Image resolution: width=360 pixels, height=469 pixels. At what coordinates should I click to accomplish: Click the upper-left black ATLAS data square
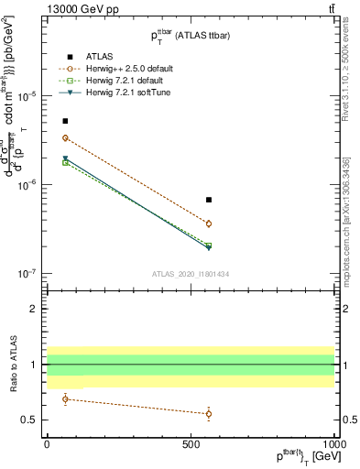pos(65,121)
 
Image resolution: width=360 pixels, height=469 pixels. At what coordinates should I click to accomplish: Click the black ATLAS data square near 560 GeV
pos(209,200)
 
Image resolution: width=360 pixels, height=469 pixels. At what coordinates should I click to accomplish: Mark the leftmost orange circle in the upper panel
pos(65,138)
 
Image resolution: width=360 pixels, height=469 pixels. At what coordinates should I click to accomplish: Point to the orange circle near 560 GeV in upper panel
pos(209,224)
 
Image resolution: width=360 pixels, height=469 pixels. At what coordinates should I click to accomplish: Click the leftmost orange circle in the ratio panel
pos(65,398)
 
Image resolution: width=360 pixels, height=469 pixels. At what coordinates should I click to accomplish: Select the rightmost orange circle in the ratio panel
pos(209,413)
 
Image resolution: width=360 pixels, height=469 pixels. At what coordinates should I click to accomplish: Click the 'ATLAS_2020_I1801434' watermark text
pos(191,275)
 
